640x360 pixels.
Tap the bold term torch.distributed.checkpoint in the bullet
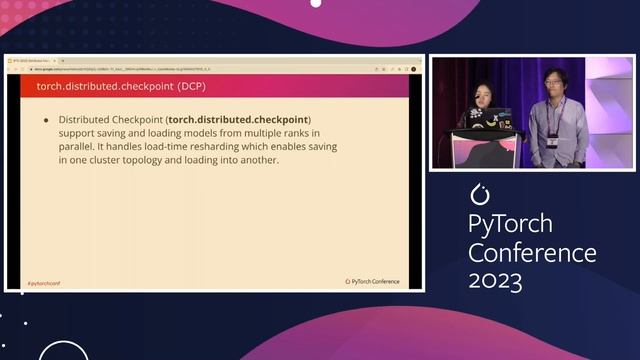tap(239, 120)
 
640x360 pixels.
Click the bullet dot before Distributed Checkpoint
tap(46, 120)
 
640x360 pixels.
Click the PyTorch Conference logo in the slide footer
tap(372, 282)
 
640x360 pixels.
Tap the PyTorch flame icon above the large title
tap(481, 191)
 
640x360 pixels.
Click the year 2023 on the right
tap(495, 280)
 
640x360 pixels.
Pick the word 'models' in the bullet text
tap(204, 133)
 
